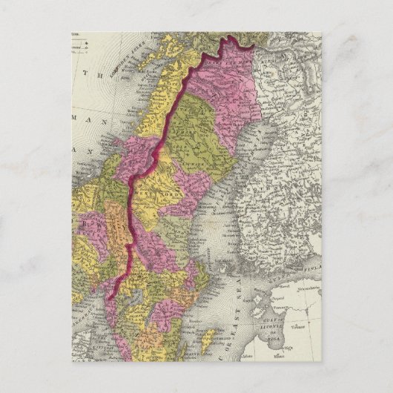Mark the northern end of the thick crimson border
coord(253,46)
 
